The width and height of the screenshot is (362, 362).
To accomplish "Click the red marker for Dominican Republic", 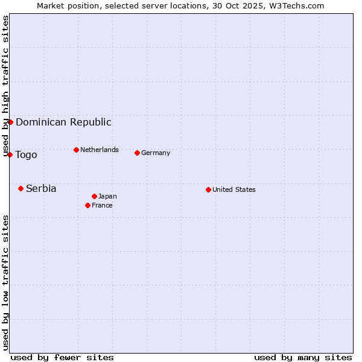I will click(x=10, y=122).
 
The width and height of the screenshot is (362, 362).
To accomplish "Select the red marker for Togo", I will click(x=10, y=154).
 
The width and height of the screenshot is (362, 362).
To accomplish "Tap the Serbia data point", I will click(x=21, y=188).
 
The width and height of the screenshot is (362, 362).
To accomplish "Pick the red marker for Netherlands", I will click(x=76, y=150).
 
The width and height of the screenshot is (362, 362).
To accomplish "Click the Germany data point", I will click(x=137, y=153).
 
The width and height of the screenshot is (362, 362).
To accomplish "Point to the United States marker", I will click(x=208, y=189).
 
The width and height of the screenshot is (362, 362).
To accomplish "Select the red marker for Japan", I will click(x=94, y=196).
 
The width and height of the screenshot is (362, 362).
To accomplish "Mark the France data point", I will click(x=87, y=205).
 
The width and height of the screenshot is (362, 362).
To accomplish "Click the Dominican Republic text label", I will click(x=63, y=122).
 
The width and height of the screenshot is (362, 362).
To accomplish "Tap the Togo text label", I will click(x=26, y=154).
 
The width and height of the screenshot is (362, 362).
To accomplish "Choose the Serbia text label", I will click(x=41, y=188).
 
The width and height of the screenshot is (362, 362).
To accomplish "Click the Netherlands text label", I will click(x=100, y=150).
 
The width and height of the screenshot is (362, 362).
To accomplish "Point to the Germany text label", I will click(x=156, y=153).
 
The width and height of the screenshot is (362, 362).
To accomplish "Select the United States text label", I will click(x=234, y=189).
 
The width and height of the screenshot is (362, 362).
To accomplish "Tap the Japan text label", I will click(x=107, y=196).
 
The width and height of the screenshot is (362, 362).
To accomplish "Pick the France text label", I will click(x=102, y=205).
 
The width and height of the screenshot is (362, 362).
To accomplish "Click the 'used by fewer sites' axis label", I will click(x=62, y=357).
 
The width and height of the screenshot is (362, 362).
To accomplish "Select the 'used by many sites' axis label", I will click(x=303, y=357).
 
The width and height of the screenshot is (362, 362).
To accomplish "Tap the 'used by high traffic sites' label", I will click(x=5, y=86).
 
